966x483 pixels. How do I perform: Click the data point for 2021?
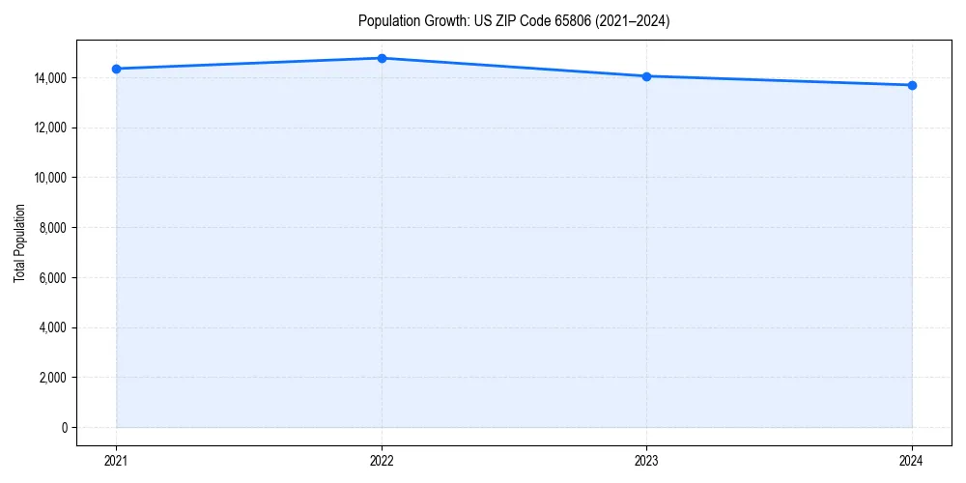pos(116,69)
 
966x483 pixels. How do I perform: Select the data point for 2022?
pos(382,58)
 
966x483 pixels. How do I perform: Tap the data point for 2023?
pos(646,76)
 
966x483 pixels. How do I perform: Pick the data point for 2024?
pos(912,85)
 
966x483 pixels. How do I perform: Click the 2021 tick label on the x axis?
pos(116,460)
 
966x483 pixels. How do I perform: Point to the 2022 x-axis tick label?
pos(382,460)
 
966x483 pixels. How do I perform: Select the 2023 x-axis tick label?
pos(646,460)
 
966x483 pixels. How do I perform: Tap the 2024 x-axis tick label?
pos(912,460)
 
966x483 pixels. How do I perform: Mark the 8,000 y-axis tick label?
pos(55,228)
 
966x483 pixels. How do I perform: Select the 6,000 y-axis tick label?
pos(55,278)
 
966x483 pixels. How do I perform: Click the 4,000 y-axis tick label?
pos(55,327)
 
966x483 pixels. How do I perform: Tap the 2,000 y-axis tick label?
pos(55,378)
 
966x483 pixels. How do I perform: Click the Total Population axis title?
pos(19,242)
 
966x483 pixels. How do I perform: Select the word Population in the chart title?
pos(387,21)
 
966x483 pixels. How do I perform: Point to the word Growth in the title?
pos(442,21)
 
